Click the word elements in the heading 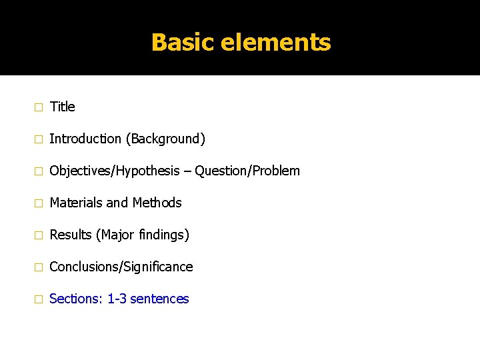coord(275,43)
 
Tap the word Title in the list coord(63,107)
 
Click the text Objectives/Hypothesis coord(115,171)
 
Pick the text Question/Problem coord(247,171)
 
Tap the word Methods coord(157,203)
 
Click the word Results coord(71,235)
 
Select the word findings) coord(165,235)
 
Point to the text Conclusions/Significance coord(121,267)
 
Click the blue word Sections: coord(76,299)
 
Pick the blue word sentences coord(159,299)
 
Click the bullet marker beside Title coord(38,107)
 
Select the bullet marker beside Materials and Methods coord(38,203)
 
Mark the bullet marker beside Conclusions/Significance coord(38,267)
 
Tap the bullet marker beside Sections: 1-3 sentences coord(38,299)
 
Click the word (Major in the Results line coord(115,235)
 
